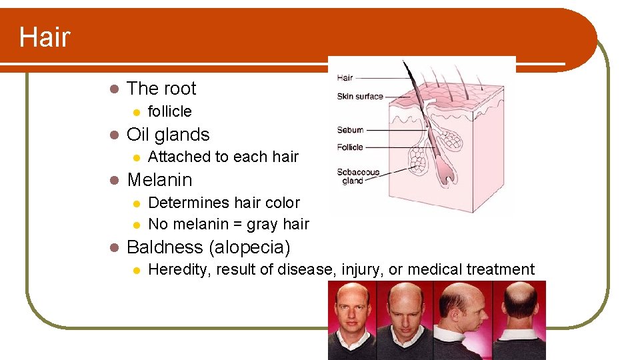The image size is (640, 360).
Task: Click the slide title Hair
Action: pos(44,37)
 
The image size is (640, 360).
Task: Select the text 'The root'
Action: pos(161,89)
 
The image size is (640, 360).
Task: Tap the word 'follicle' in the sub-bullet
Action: pos(169,111)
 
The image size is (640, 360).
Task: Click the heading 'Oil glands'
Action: pos(168,135)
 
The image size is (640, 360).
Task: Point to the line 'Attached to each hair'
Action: pos(223,157)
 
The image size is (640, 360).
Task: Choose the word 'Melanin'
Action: pos(159,180)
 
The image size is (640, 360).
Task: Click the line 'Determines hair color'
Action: pos(223,203)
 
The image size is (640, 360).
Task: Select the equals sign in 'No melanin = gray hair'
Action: pos(237,225)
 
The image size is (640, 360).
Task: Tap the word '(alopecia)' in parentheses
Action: pos(249,247)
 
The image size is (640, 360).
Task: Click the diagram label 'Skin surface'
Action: pos(360,97)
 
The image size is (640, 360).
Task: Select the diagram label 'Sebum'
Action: pos(350,130)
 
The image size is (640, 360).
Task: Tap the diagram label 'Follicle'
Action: pos(350,147)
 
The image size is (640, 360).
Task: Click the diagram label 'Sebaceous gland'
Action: pos(357,176)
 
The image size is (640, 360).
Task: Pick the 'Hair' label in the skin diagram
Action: pos(345,78)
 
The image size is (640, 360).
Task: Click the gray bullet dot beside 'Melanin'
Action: pos(114,180)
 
